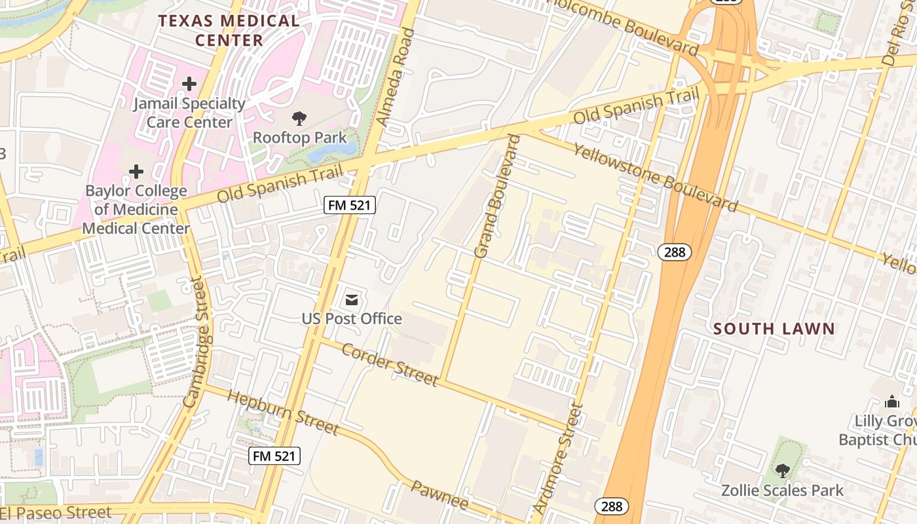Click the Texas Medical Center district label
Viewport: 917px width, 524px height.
[229, 30]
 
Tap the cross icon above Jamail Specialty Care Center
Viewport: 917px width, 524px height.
[189, 84]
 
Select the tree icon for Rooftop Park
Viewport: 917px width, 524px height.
[299, 119]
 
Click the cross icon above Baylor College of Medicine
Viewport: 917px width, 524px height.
[136, 172]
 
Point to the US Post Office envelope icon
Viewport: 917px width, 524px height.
[352, 300]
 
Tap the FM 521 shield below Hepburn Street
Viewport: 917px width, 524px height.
[274, 456]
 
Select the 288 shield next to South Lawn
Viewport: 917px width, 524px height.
[675, 252]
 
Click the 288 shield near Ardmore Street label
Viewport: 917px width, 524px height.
[612, 506]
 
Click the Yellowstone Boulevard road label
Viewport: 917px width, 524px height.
[655, 178]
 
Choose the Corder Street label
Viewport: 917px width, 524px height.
[390, 364]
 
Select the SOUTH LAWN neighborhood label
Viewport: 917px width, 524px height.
[774, 329]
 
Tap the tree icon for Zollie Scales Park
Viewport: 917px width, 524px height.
[782, 470]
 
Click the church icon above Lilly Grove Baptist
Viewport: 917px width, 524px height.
[892, 401]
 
